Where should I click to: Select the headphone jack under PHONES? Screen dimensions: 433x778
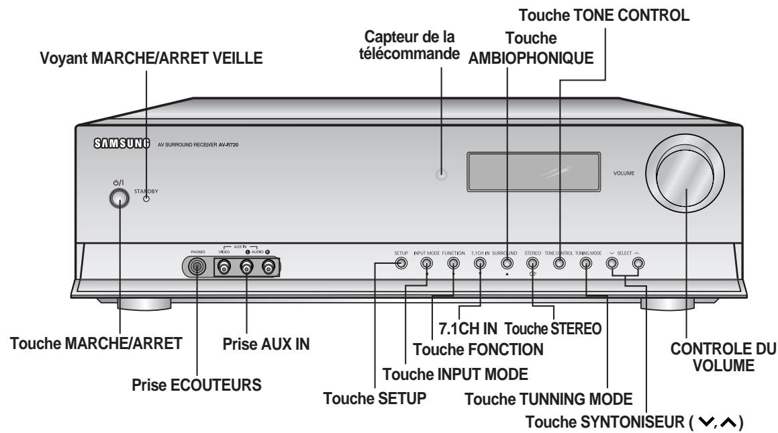click(x=197, y=267)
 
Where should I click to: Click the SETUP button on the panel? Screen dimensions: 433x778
click(x=401, y=263)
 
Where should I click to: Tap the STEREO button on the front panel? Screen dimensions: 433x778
click(x=532, y=263)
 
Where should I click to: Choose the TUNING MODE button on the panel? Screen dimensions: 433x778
click(x=585, y=263)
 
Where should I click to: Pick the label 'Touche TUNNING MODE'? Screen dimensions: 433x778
click(x=549, y=399)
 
